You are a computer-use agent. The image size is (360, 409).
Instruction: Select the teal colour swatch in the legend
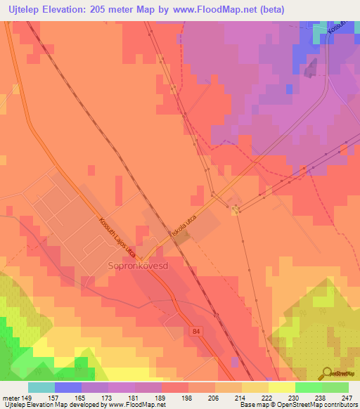coord(41,387)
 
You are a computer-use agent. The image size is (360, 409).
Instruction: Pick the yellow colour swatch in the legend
coord(282,387)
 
